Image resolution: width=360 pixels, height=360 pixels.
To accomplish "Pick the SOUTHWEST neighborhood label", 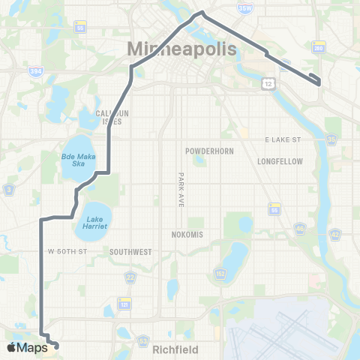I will tap(131, 252).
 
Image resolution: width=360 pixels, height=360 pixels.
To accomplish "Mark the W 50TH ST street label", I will tap(68, 252).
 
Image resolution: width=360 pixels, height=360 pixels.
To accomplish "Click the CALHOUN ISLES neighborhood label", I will tap(113, 118).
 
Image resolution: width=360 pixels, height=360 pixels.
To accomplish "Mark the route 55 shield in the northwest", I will tap(79, 28).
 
